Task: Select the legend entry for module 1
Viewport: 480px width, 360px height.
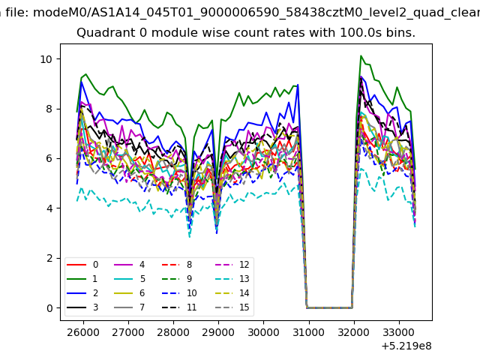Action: coord(82,279)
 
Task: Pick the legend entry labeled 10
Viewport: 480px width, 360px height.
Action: coord(179,293)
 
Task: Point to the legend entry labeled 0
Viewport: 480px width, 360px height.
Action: coord(82,265)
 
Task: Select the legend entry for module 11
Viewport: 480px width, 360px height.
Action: coord(179,307)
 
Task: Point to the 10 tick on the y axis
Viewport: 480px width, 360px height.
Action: coord(46,59)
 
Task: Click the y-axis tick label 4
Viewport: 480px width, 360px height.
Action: coord(50,208)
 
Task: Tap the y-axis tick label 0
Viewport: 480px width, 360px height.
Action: coord(50,308)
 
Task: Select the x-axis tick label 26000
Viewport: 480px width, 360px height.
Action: coord(83,332)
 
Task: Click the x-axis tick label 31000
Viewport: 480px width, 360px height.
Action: coord(309,332)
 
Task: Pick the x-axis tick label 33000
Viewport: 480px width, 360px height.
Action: coord(399,332)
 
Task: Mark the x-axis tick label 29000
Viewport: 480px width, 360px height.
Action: coord(218,332)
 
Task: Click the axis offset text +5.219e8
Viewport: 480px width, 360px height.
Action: coord(406,346)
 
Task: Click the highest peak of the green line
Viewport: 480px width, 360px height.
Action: coord(361,55)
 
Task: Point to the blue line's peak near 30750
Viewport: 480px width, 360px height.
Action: coord(298,85)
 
